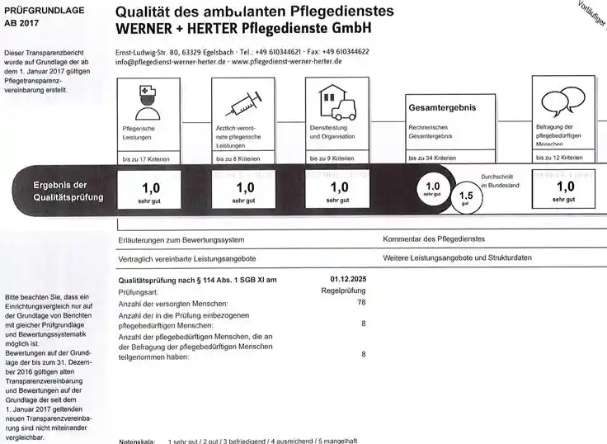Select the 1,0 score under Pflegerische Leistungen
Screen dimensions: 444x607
(x=149, y=188)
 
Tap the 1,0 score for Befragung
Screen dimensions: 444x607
(x=564, y=187)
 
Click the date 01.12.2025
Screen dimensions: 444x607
(x=348, y=280)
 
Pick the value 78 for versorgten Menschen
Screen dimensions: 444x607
(x=360, y=304)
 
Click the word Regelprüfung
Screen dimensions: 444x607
(x=343, y=291)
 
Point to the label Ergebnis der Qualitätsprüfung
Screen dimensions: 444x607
(x=68, y=191)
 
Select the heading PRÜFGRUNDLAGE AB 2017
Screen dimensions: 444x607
(x=33, y=17)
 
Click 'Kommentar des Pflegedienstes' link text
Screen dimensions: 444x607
(x=434, y=239)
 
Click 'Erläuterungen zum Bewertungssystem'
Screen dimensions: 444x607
(x=181, y=239)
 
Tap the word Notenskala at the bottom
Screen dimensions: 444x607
(x=138, y=441)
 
